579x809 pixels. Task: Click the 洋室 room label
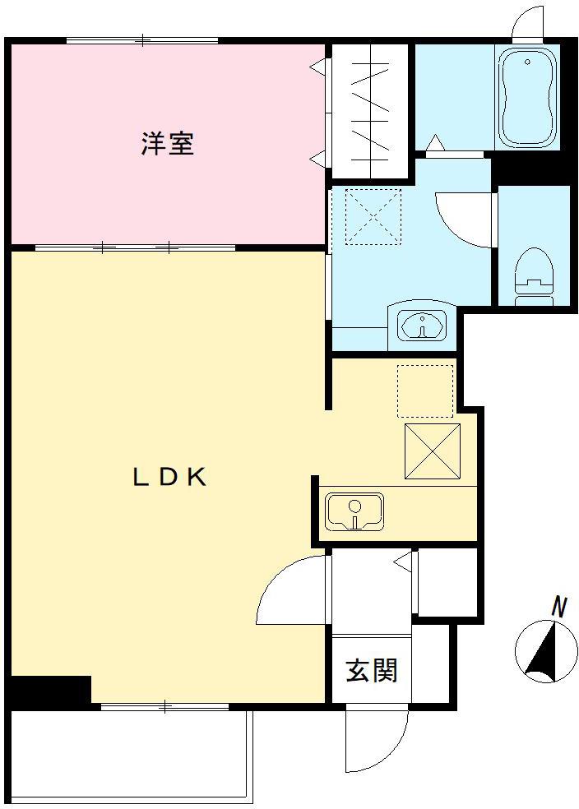pyautogui.click(x=168, y=144)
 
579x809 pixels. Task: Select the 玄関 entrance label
pyautogui.click(x=371, y=670)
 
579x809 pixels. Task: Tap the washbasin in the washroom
pyautogui.click(x=422, y=324)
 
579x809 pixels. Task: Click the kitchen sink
pyautogui.click(x=354, y=511)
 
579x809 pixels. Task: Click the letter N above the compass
pyautogui.click(x=559, y=608)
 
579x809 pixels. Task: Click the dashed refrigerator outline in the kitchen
pyautogui.click(x=425, y=391)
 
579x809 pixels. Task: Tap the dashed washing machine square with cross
pyautogui.click(x=373, y=216)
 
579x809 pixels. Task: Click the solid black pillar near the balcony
pyautogui.click(x=49, y=690)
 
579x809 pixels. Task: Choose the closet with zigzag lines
pyautogui.click(x=369, y=111)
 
